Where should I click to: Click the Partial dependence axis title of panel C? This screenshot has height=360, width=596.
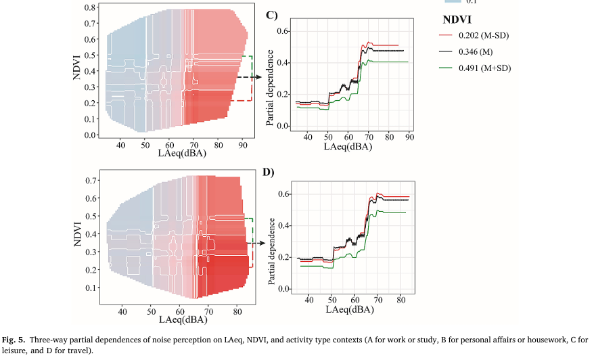pyautogui.click(x=269, y=79)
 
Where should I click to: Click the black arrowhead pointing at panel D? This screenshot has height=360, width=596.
pyautogui.click(x=259, y=242)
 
